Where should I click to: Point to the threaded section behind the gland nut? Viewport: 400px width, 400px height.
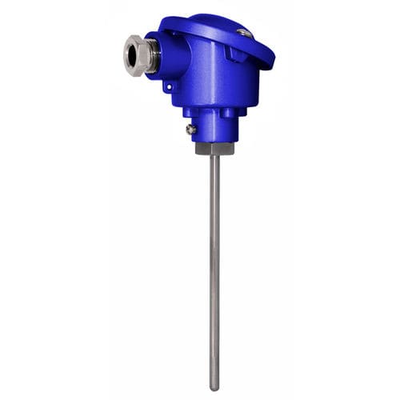(152, 53)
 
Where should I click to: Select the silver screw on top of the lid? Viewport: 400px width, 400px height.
(243, 33)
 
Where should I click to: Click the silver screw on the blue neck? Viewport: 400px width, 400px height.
(191, 128)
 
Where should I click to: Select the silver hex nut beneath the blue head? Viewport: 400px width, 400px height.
(214, 148)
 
